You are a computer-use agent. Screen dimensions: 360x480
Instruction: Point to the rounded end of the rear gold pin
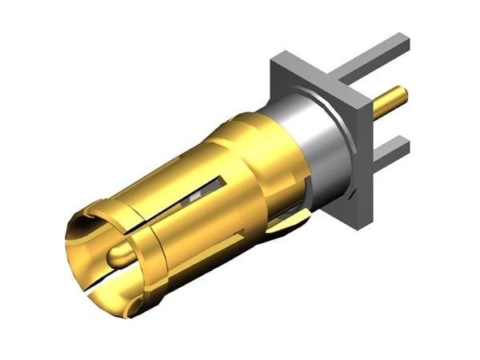click(405, 95)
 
